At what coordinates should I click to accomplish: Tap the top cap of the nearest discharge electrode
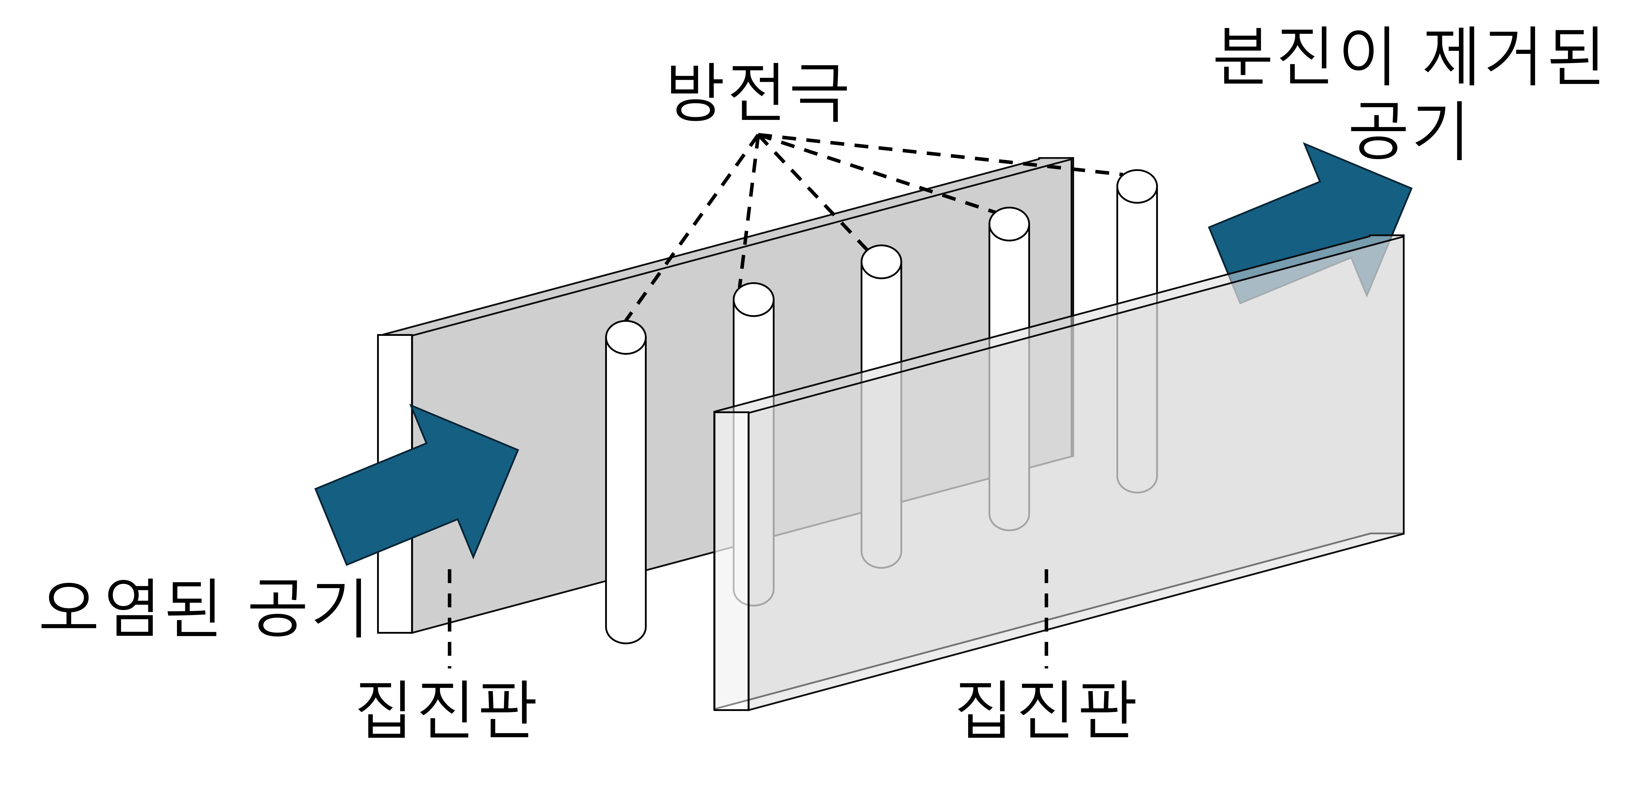(x=626, y=337)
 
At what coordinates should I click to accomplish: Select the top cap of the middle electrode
(x=881, y=262)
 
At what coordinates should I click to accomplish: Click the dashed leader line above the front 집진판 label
(x=1046, y=616)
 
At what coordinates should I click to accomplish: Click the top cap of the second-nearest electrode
(x=754, y=300)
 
